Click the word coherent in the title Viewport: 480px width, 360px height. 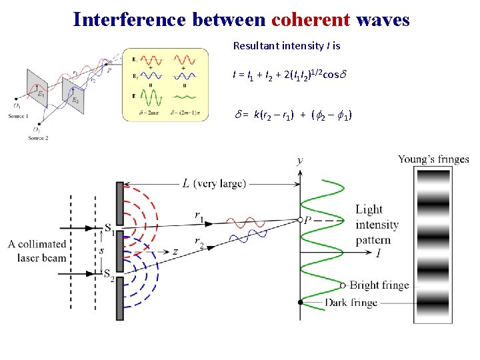click(311, 19)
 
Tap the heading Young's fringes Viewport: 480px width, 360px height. click(433, 159)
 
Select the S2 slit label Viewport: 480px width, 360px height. click(109, 273)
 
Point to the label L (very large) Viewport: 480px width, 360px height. click(214, 183)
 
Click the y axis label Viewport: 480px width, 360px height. click(300, 160)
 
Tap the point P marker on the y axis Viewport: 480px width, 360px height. click(301, 219)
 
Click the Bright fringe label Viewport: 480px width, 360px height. click(379, 285)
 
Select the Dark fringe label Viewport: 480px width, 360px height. click(351, 303)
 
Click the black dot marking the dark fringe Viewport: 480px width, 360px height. click(301, 303)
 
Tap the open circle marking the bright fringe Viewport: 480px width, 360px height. click(343, 285)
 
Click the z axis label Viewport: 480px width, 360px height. click(175, 251)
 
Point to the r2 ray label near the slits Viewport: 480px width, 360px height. click(199, 244)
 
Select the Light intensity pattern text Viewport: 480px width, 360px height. click(377, 225)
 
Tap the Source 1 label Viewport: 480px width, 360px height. click(18, 116)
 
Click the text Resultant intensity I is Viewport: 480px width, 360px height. click(287, 47)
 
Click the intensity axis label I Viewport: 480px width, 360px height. click(379, 253)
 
